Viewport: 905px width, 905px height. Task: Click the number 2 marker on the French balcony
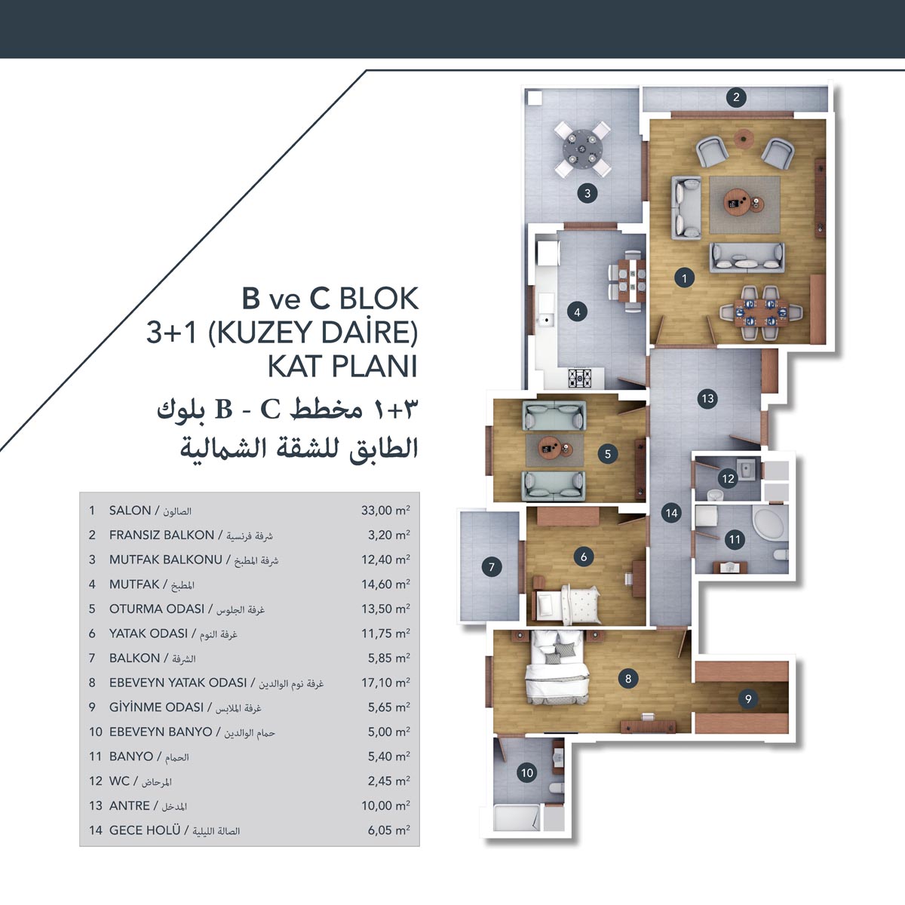point(736,97)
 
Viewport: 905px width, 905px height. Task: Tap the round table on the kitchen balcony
point(582,149)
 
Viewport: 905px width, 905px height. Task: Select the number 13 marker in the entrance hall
point(707,399)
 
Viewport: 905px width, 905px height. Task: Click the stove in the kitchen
point(581,377)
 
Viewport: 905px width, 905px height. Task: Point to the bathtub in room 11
point(768,523)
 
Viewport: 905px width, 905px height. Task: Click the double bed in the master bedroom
point(557,668)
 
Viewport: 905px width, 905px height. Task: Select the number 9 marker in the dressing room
point(748,699)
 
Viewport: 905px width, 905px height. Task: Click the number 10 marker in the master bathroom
point(527,772)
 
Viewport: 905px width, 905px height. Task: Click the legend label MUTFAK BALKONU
point(165,560)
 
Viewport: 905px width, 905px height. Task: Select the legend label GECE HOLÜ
point(145,830)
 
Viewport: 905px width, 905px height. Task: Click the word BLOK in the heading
point(379,298)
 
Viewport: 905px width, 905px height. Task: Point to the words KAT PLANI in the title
point(342,367)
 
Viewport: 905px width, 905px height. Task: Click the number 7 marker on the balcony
point(492,567)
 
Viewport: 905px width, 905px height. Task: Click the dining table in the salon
point(761,312)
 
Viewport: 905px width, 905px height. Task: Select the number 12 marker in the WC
point(728,479)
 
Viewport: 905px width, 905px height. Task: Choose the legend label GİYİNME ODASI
point(156,707)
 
